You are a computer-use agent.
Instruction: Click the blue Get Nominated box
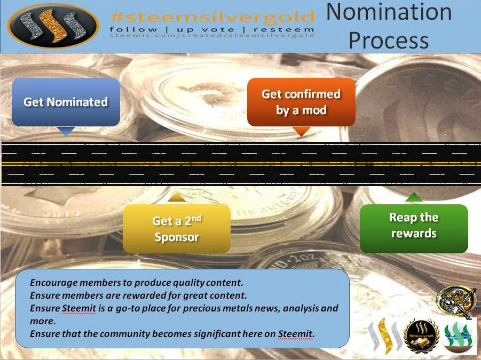66,102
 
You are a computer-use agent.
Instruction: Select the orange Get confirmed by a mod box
301,102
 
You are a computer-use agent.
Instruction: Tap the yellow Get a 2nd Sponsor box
177,229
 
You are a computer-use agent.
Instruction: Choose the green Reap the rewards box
414,229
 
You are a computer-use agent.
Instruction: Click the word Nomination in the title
389,12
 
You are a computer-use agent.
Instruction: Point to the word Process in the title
389,41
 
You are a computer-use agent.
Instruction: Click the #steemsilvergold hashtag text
212,17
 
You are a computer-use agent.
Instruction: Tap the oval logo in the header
53,26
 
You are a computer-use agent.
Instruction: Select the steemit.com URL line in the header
212,35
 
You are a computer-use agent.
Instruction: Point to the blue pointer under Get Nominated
66,131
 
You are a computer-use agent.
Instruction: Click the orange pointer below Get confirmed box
301,131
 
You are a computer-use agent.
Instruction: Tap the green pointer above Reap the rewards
414,197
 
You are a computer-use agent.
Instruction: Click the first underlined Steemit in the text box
79,308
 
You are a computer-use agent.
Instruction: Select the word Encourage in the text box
54,283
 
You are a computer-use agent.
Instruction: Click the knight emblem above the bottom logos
456,302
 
